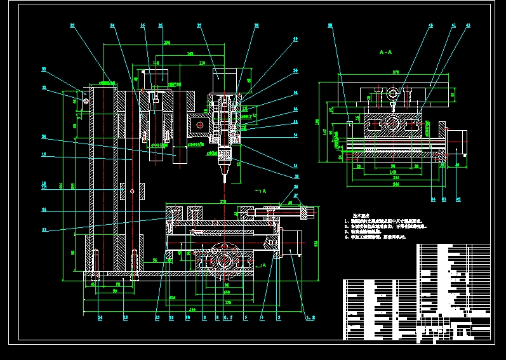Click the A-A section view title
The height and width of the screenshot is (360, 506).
[x=386, y=49]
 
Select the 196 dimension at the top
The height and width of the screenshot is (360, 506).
[x=168, y=43]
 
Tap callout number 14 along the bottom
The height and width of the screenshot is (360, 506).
[x=99, y=317]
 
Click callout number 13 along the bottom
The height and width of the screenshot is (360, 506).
[x=125, y=317]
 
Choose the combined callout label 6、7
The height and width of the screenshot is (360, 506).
[x=228, y=317]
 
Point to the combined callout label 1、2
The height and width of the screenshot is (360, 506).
[x=310, y=317]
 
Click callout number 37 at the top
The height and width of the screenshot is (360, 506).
[x=199, y=26]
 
